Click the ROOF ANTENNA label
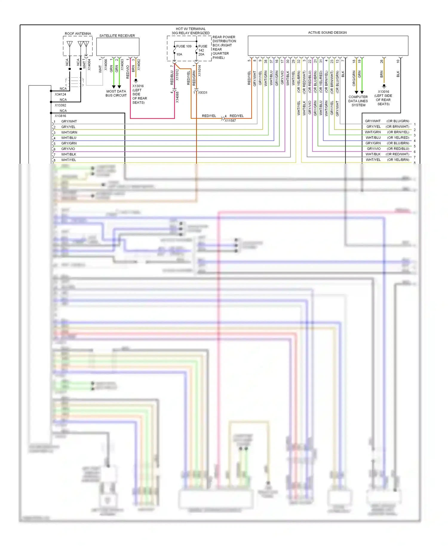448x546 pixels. tap(78, 34)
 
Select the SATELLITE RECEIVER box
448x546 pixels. tap(118, 47)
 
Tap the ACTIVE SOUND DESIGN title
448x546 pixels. tap(327, 33)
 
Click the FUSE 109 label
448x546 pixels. tap(184, 46)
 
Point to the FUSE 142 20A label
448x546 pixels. tap(202, 50)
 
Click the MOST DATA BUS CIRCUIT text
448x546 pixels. tap(116, 93)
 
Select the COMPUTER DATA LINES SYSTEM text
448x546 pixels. tap(358, 101)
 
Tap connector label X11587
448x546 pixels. tap(230, 121)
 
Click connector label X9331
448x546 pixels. tap(202, 93)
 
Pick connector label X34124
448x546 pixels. tap(60, 94)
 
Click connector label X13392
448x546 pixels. tap(60, 105)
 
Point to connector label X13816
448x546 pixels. tap(60, 116)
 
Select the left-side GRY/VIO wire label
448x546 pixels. tap(68, 149)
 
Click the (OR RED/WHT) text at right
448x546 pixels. tap(397, 154)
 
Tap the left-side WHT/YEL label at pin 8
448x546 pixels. tap(69, 160)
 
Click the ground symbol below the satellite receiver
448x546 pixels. tap(136, 80)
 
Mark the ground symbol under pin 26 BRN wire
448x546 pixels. tap(384, 86)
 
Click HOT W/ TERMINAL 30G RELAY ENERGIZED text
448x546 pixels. tap(191, 31)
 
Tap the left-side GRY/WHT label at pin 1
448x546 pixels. tap(69, 121)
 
